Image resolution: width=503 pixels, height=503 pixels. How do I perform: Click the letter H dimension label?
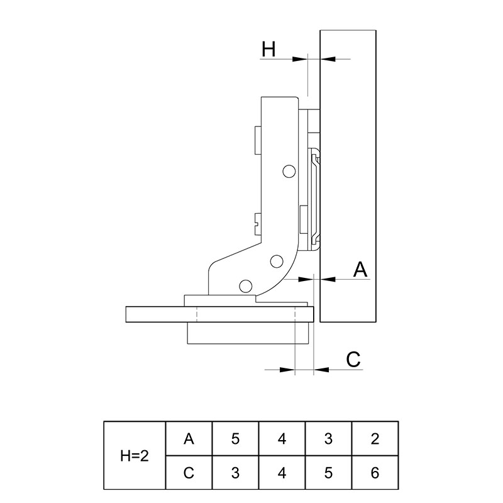268,49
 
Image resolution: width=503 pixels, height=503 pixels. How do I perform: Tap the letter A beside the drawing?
360,270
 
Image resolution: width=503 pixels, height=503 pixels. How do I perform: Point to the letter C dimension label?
353,359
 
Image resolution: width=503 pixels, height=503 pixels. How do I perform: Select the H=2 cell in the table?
135,455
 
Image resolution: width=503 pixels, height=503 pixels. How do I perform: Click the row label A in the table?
189,438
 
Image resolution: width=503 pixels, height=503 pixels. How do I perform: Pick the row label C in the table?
189,473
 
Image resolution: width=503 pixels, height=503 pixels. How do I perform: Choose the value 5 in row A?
235,438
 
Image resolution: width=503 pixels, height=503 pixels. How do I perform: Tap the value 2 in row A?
375,438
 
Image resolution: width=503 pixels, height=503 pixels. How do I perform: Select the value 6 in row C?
375,473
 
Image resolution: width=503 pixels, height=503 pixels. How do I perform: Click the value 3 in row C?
235,473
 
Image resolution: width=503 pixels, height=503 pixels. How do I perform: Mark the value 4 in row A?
282,438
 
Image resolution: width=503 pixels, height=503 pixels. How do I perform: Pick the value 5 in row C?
328,473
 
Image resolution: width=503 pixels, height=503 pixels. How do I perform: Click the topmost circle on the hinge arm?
289,171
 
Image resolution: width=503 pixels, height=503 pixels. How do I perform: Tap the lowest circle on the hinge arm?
245,286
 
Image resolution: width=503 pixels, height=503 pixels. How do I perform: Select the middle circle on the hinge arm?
277,262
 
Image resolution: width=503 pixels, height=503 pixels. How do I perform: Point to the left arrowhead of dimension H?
300,59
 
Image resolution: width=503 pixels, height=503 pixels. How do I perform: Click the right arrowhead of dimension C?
321,370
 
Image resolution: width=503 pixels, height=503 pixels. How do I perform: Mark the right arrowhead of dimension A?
328,279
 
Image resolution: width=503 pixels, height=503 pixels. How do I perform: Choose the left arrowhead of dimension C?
287,370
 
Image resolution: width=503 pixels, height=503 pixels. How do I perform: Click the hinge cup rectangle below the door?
248,333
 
